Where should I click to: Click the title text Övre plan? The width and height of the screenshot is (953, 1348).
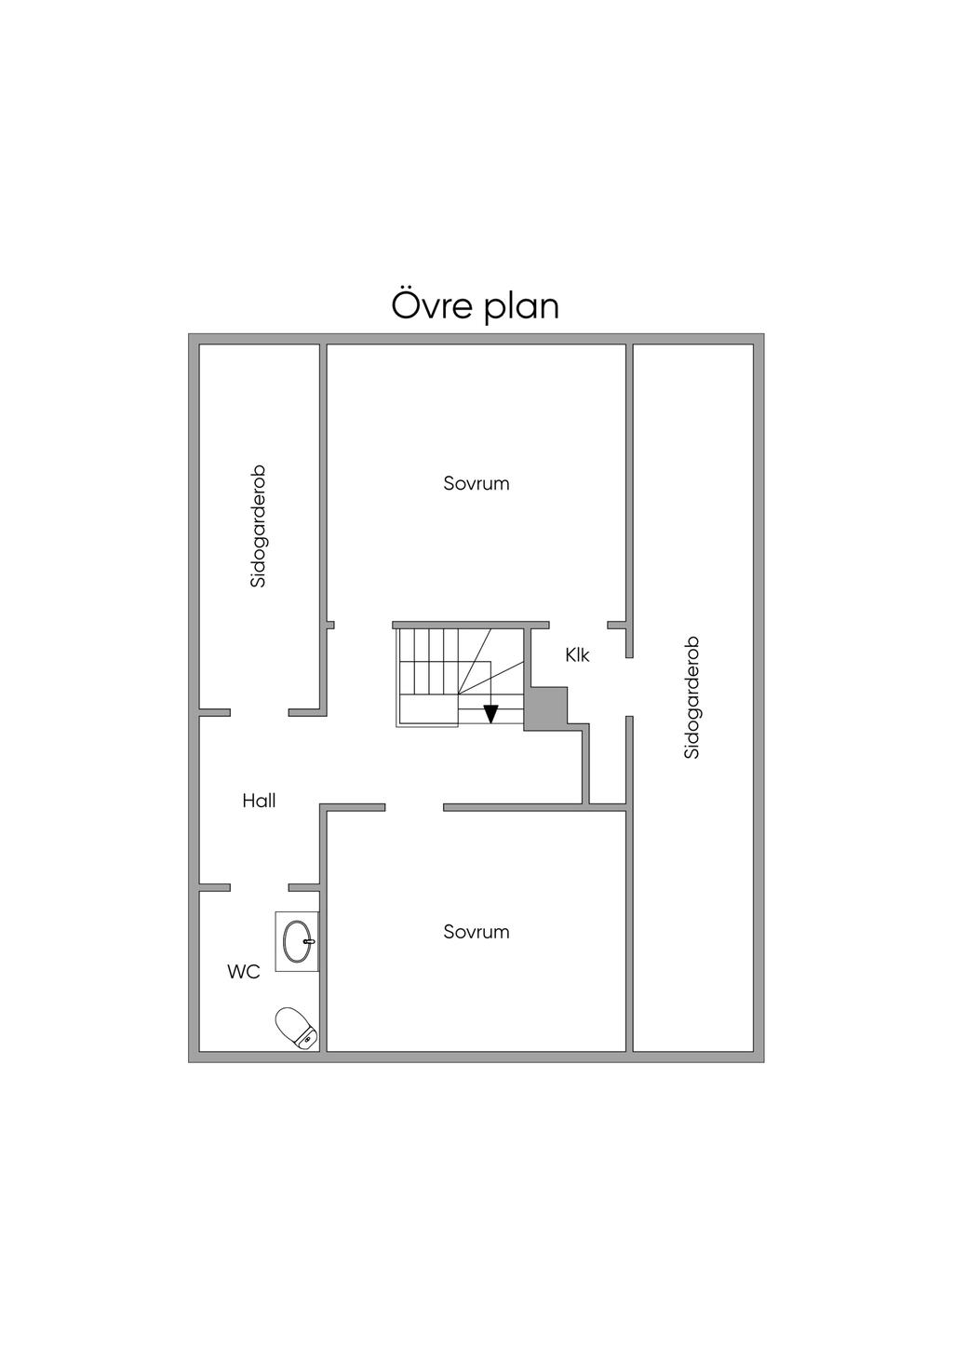pos(476,306)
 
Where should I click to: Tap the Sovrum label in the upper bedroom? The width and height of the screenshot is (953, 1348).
pos(476,483)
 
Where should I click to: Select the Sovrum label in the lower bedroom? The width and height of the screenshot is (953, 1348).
pos(476,932)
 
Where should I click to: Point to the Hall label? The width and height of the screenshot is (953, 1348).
pos(260,801)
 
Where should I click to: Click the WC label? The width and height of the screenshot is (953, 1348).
pos(244,972)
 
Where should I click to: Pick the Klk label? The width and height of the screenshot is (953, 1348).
pos(577,655)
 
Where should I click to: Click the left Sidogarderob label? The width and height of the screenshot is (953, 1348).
pos(259,527)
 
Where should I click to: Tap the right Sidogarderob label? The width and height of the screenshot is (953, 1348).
pos(692,697)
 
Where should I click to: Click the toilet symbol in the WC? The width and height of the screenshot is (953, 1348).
pos(297,1029)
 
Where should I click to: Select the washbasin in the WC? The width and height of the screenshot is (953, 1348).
pos(297,940)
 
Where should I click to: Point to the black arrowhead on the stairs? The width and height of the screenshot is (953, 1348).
pos(491,714)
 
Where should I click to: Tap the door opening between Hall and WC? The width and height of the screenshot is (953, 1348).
pos(260,887)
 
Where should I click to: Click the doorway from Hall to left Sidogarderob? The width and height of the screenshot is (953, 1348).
pos(260,713)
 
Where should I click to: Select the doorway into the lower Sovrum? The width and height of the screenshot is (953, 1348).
pos(414,808)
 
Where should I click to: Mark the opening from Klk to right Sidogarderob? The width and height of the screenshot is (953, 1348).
pos(629,687)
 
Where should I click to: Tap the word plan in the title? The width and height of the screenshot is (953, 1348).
pos(520,307)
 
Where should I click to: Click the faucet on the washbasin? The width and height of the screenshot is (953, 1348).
pos(309,940)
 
